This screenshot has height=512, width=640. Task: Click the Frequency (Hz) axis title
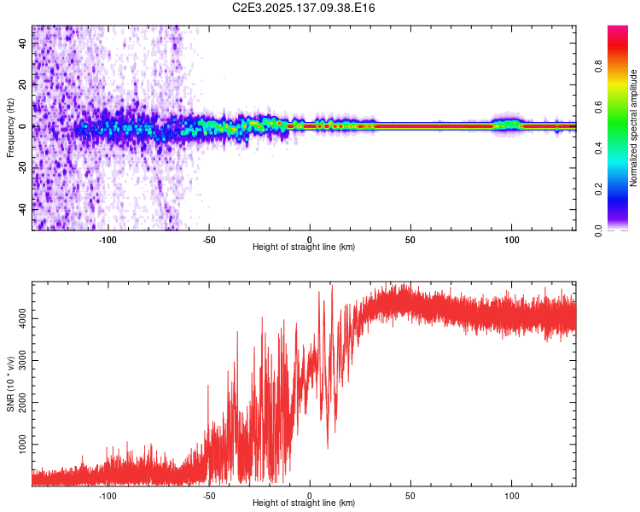[10, 127]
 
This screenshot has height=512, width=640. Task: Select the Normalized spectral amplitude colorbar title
[633, 128]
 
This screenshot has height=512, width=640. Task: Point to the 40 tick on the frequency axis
[22, 44]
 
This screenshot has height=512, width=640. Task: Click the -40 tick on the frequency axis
[22, 208]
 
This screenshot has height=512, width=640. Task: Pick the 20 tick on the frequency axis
[22, 85]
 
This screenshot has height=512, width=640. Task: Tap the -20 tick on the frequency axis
[22, 167]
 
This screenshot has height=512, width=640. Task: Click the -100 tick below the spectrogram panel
[108, 241]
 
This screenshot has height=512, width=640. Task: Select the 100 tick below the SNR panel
[512, 496]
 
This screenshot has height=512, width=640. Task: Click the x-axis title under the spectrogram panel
[304, 247]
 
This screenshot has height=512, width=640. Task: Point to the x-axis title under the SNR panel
[304, 503]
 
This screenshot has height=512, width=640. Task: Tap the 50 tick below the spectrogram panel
[410, 241]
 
